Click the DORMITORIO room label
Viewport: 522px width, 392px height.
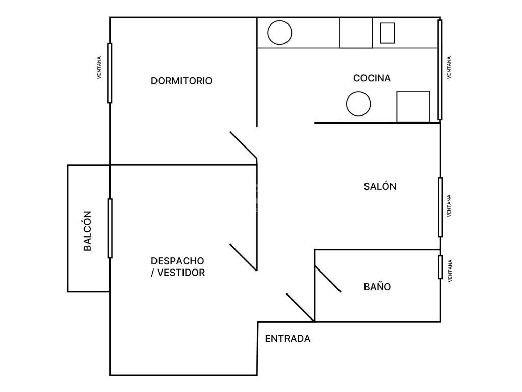click(181, 81)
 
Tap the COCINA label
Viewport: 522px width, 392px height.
click(372, 78)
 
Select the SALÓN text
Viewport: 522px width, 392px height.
click(380, 186)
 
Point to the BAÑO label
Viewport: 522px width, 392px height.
click(377, 287)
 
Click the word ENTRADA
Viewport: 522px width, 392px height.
click(288, 339)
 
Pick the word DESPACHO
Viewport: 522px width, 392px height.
click(177, 261)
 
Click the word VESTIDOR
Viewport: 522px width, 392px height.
click(181, 273)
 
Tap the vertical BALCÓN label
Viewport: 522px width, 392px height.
click(87, 231)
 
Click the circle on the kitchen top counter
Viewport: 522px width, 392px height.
click(280, 33)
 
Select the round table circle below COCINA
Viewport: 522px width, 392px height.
click(358, 104)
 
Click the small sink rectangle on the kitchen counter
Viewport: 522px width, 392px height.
click(387, 33)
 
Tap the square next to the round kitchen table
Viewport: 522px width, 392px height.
click(413, 107)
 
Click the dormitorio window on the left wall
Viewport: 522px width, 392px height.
click(110, 73)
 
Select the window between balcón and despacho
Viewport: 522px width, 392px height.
click(110, 228)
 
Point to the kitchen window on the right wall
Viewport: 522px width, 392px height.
click(440, 69)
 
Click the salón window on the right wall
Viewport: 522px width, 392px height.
click(440, 207)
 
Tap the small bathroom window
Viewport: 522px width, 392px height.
click(440, 267)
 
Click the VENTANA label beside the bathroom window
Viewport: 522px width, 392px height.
click(450, 271)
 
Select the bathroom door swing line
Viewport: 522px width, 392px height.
click(328, 279)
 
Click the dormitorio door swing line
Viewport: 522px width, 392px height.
click(243, 145)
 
